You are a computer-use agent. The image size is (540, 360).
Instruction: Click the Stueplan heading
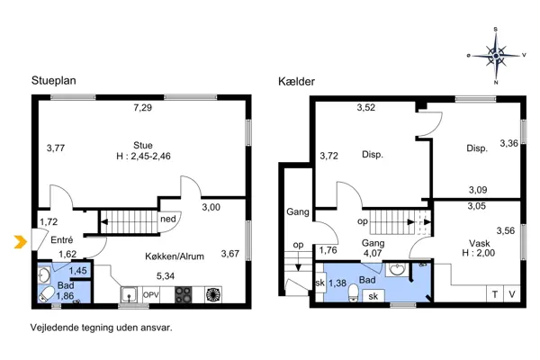point(54,80)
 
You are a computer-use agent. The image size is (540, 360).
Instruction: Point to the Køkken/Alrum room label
point(175,256)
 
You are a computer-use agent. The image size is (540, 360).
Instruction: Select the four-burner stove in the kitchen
point(183,293)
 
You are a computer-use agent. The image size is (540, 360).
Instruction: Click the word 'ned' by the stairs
point(167,219)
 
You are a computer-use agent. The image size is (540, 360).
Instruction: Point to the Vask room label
point(480,243)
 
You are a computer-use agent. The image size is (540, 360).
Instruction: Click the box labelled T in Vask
point(494,294)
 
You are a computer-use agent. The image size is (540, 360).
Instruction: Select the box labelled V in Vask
point(512,294)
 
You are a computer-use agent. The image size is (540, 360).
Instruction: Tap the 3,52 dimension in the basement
point(365,109)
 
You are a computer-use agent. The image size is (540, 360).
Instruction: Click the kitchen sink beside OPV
point(130,293)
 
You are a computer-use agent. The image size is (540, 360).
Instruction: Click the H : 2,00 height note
point(480,254)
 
